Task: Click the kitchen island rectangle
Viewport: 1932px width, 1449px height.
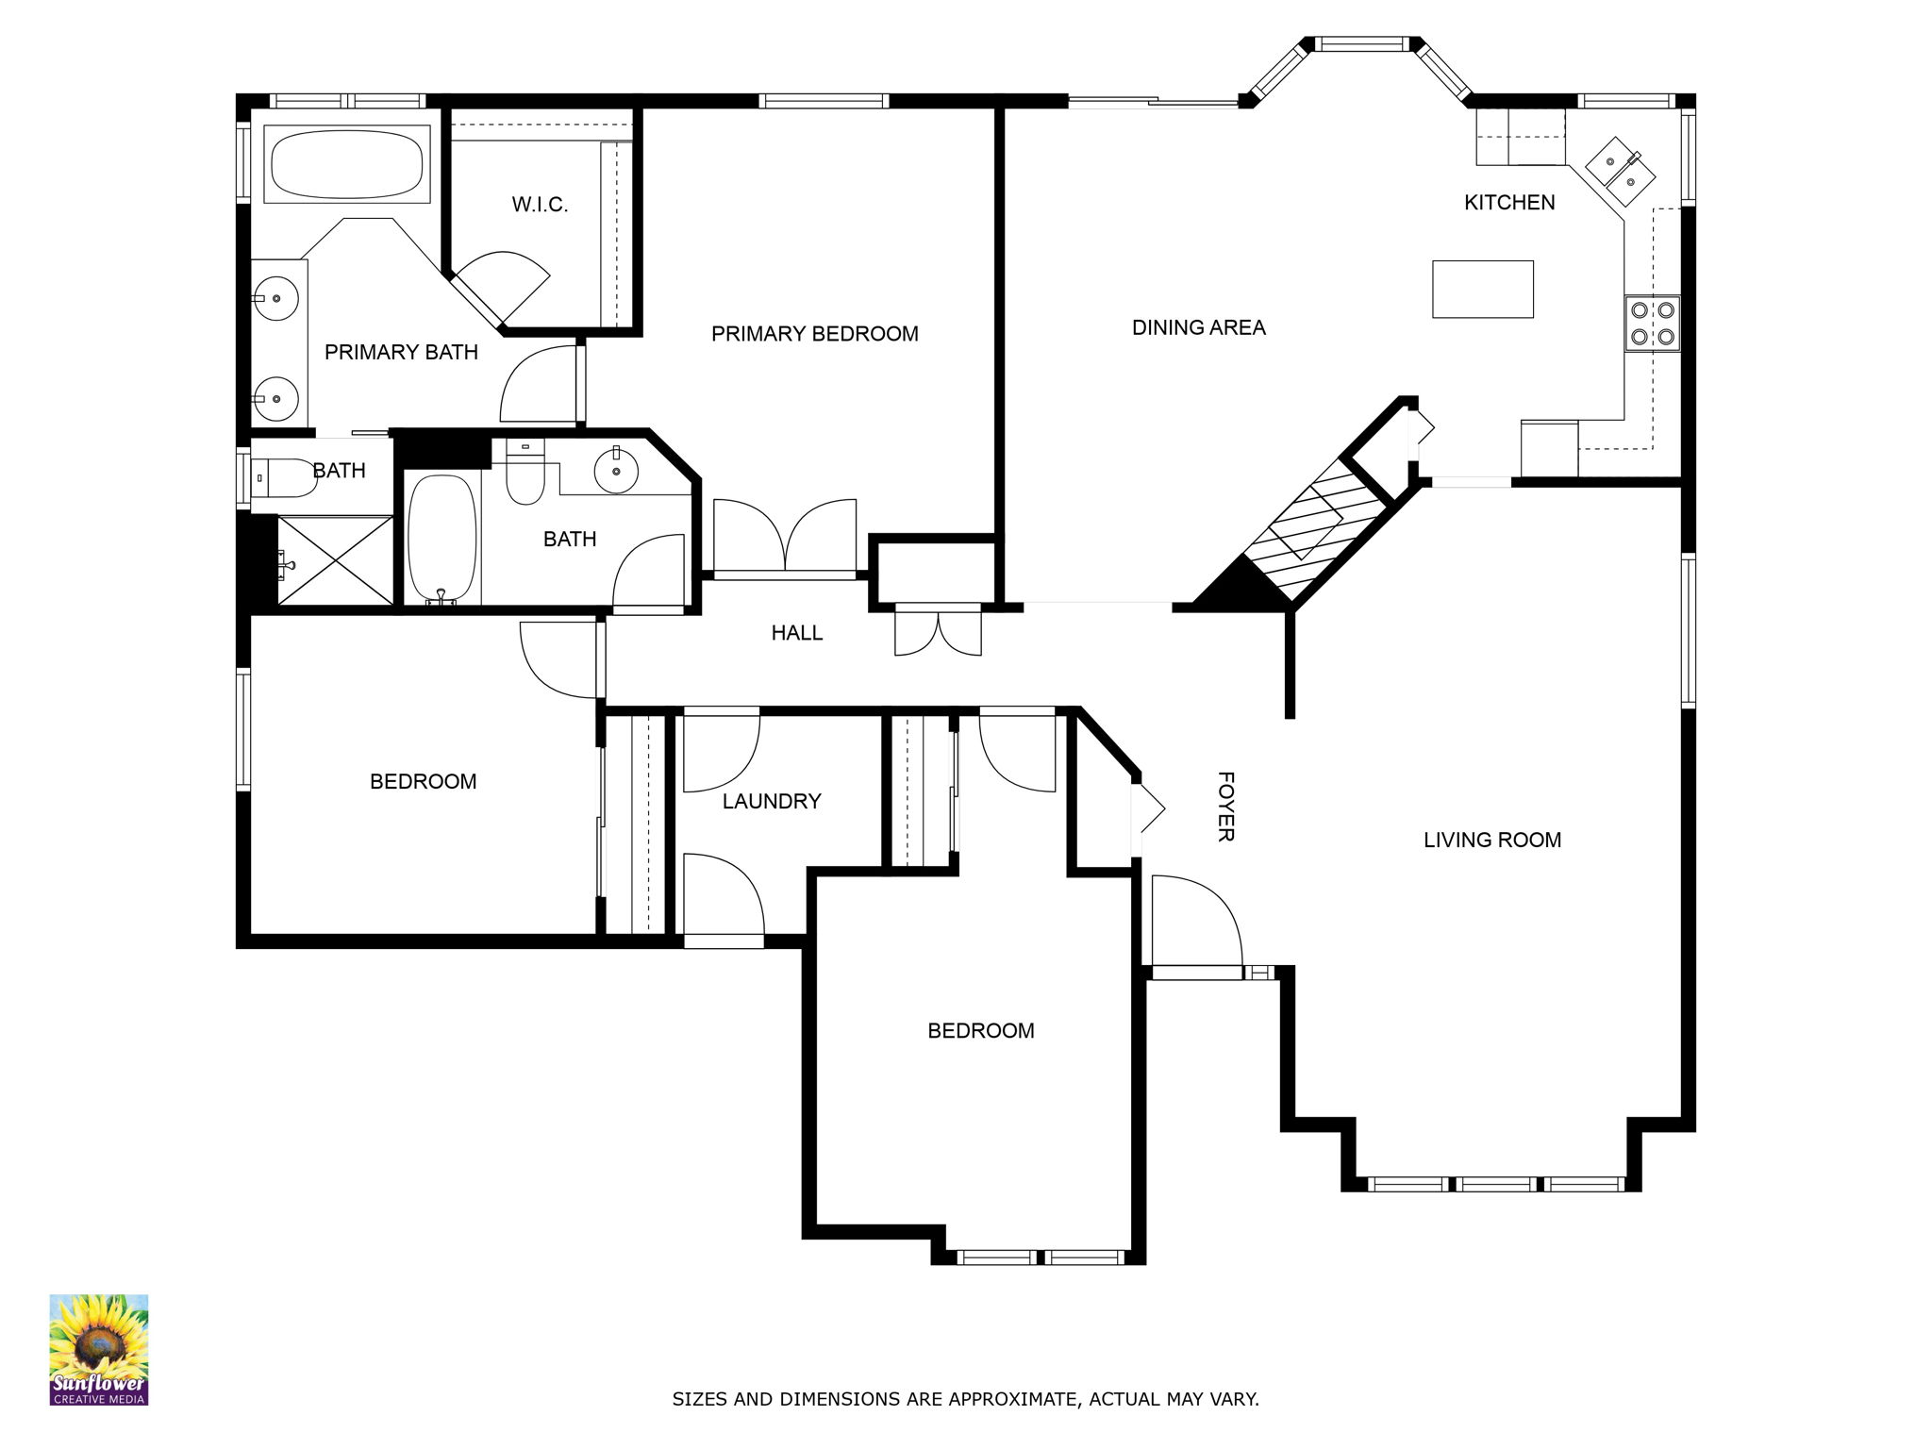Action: point(1482,289)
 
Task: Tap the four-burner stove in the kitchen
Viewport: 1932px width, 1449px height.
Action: point(1652,323)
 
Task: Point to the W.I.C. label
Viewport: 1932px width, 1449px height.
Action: point(540,205)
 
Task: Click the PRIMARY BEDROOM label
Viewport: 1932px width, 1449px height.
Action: point(814,333)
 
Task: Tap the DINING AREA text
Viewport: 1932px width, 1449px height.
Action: point(1198,327)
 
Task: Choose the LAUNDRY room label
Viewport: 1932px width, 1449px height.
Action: point(772,801)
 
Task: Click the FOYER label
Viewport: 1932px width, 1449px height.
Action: point(1225,807)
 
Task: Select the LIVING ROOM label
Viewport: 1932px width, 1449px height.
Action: point(1492,840)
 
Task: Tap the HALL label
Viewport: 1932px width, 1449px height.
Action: point(797,633)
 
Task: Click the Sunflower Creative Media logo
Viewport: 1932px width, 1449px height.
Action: point(99,1350)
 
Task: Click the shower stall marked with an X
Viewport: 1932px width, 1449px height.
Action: point(335,559)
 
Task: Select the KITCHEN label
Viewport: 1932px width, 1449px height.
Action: point(1509,202)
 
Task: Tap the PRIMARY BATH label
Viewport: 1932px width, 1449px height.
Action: point(401,352)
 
